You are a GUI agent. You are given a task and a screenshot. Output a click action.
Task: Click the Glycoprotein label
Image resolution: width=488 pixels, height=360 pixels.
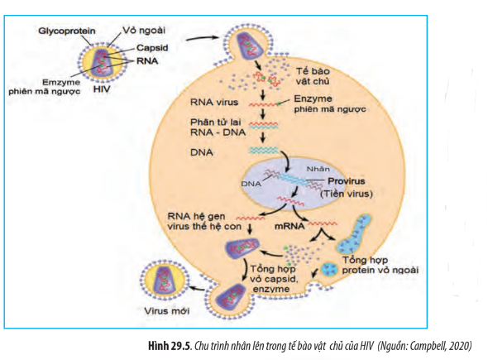67,31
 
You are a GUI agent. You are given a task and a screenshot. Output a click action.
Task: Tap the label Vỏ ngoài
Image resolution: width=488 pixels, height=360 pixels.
144,31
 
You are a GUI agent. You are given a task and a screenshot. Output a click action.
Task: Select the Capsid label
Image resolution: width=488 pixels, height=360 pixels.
152,48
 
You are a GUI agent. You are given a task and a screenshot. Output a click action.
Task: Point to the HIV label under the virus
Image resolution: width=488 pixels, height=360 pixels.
102,89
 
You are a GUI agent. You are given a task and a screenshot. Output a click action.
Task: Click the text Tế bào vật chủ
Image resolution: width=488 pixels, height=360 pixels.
313,76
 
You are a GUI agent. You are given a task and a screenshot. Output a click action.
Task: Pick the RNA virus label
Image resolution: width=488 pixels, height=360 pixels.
214,102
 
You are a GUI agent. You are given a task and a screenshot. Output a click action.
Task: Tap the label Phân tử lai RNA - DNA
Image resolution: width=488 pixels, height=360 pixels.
218,127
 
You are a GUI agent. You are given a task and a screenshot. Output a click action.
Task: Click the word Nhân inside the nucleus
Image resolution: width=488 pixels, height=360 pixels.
318,169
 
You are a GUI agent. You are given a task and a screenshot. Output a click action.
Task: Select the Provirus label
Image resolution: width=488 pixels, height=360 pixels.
346,181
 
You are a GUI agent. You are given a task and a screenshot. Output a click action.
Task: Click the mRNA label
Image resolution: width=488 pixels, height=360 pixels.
289,226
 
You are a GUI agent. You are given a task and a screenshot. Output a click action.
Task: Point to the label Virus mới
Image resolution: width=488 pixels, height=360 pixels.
167,311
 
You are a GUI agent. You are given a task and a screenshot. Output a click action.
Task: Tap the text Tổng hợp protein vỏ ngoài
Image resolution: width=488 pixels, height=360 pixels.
380,265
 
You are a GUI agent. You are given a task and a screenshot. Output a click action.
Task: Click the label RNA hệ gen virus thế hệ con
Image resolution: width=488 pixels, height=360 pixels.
204,222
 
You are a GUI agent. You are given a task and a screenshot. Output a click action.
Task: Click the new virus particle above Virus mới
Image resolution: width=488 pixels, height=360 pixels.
165,278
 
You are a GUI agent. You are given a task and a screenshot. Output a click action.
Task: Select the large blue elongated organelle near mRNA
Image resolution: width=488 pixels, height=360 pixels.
353,234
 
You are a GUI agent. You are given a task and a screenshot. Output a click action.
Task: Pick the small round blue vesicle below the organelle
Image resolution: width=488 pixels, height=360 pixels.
329,269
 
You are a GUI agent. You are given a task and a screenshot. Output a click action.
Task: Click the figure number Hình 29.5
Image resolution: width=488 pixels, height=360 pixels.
169,346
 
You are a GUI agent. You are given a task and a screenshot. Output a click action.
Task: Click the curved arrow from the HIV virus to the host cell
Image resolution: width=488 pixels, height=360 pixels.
203,38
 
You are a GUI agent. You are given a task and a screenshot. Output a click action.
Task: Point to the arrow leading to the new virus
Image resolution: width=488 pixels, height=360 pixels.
198,288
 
